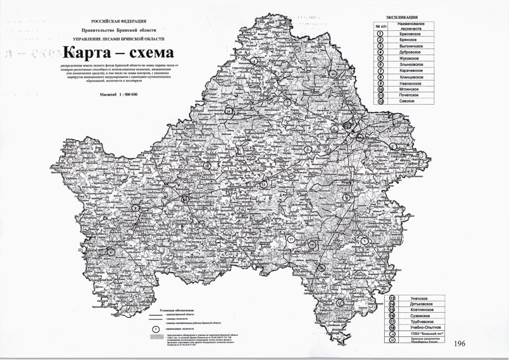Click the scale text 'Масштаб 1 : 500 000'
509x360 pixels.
pyautogui.click(x=119, y=95)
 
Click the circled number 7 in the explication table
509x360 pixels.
pyautogui.click(x=380, y=70)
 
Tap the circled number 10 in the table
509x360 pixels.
pyautogui.click(x=380, y=89)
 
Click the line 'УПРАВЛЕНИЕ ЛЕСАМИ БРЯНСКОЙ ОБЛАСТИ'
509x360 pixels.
pyautogui.click(x=119, y=38)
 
